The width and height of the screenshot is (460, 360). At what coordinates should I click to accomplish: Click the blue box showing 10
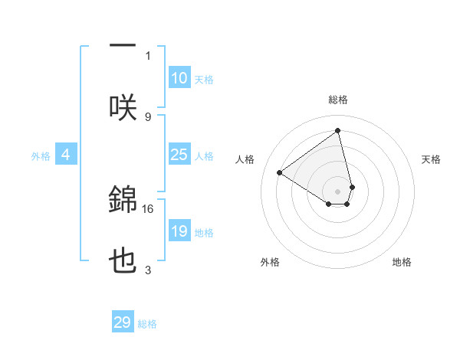coord(179,78)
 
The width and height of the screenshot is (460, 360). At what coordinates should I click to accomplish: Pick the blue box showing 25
coord(179,155)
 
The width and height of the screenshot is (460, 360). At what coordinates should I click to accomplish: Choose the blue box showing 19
coord(179,231)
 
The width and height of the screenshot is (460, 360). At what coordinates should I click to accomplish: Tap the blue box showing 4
coord(65,155)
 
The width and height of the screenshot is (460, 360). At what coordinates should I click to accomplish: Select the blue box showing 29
coord(123,322)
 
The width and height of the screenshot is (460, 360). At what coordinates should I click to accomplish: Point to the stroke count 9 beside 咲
coord(148,116)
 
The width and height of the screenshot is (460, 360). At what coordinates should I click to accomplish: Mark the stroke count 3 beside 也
coord(148,270)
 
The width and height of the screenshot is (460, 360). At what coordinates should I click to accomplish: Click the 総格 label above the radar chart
coord(338,100)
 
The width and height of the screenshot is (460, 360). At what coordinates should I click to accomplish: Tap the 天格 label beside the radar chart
coord(431,159)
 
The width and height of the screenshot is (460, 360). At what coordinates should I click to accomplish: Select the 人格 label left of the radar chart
coord(245,159)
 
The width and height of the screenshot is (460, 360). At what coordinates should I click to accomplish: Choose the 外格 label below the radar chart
coord(270,262)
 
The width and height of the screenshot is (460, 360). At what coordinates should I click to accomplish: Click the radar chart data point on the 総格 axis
coord(338,130)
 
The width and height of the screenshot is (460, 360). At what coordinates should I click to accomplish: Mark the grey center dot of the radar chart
coord(338,191)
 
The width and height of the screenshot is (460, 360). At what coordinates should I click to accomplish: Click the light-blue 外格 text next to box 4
coord(41,155)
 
